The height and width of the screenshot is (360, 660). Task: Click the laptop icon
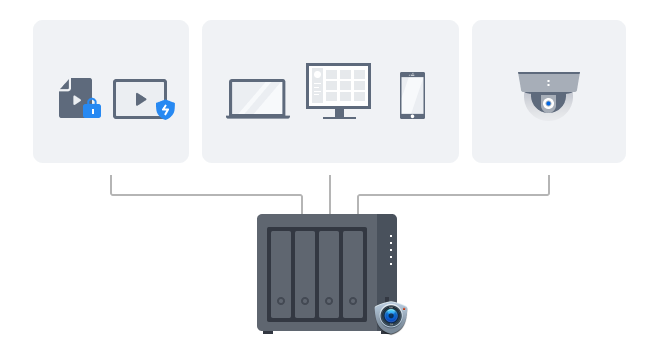258,99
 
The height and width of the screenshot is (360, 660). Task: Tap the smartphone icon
412,95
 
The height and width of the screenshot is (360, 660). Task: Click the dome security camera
548,94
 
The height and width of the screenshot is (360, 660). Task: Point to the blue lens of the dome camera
548,103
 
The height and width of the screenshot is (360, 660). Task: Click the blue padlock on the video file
92,108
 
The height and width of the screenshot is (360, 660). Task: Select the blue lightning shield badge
165,110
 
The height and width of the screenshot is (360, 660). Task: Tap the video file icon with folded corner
74,98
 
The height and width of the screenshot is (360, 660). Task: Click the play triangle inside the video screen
141,99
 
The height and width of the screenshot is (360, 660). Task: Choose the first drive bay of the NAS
281,274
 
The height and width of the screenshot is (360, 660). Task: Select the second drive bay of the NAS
305,274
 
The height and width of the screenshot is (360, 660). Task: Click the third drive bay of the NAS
329,274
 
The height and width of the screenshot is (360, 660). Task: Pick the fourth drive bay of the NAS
353,274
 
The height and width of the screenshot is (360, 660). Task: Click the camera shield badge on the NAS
391,316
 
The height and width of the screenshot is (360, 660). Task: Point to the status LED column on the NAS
390,248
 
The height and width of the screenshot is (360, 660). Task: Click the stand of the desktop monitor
339,114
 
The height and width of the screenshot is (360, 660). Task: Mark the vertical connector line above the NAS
330,194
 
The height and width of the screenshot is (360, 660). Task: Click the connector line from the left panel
200,195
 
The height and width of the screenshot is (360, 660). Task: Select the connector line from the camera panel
460,195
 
